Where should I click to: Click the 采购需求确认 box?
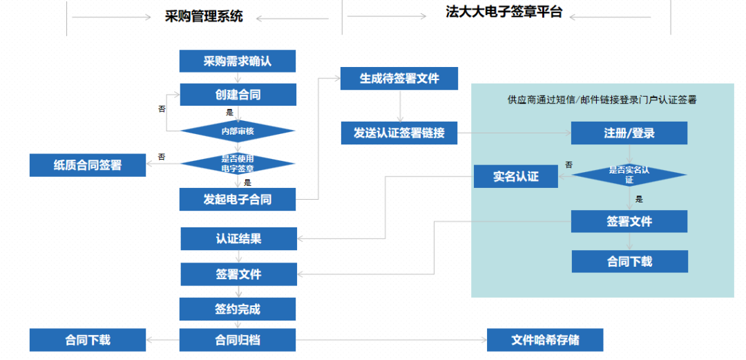coord(238,61)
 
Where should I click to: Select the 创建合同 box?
coord(238,95)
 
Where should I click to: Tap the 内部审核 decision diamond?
coord(238,131)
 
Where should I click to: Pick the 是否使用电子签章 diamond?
coord(238,163)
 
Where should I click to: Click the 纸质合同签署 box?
coord(88,165)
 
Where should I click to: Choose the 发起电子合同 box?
coord(238,200)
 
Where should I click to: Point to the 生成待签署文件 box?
coord(399,79)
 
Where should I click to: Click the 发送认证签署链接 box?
coord(399,133)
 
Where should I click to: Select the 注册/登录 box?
coord(629,133)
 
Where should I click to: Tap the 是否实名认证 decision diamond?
coord(629,174)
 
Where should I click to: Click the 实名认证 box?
coord(516,176)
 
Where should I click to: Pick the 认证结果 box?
coord(238,239)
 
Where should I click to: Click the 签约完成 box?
coord(238,309)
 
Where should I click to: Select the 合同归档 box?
coord(238,340)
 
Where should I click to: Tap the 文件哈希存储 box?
coord(545,340)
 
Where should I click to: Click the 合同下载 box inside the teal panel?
coord(630,262)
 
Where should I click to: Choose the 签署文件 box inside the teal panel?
coord(629,222)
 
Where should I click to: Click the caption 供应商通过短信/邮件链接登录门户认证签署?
coord(602,100)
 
